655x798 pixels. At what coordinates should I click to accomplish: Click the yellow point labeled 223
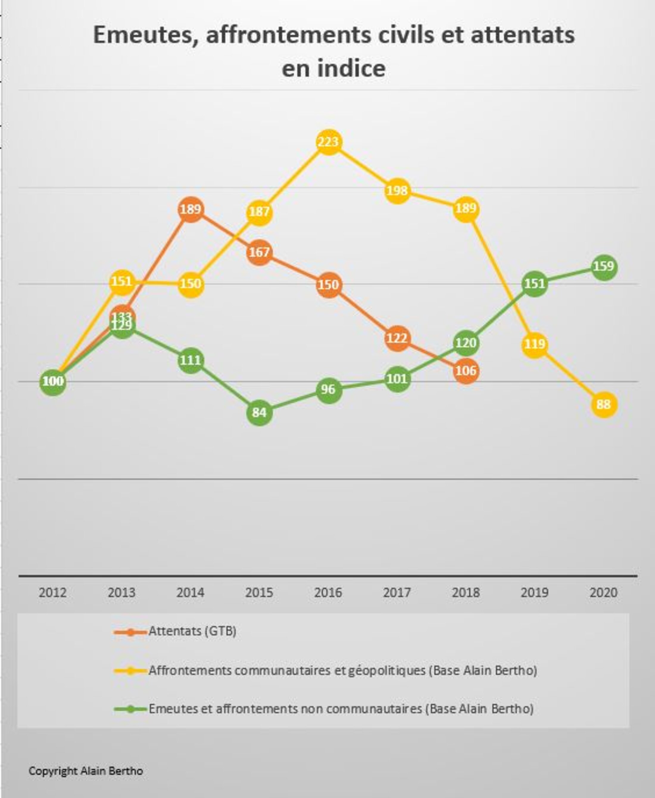(329, 142)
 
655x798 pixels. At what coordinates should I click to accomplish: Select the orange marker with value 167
(260, 252)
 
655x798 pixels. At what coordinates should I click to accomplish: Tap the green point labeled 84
(260, 412)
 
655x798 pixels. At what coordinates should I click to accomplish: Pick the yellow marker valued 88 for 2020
(604, 404)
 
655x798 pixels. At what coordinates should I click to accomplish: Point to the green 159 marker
(604, 267)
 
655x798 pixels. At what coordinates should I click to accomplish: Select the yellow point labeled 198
(397, 191)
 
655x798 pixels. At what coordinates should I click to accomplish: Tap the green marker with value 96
(329, 389)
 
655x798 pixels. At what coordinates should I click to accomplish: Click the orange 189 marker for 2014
(191, 209)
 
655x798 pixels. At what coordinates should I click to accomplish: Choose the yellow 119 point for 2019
(535, 344)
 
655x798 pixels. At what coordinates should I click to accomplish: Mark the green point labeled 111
(191, 360)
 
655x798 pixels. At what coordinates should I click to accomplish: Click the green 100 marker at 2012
(53, 381)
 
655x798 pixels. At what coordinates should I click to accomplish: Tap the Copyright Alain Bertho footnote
(86, 771)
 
